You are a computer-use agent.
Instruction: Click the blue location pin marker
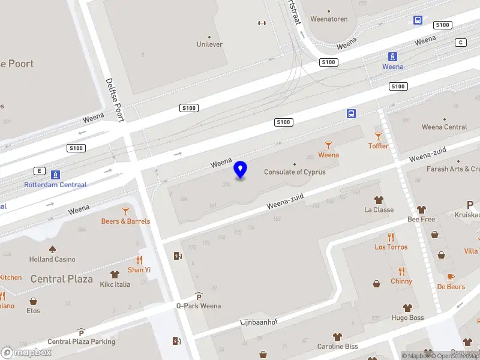(x=241, y=170)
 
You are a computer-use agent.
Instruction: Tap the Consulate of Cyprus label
(x=295, y=172)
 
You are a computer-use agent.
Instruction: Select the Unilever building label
(x=209, y=44)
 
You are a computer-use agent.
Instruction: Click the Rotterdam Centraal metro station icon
(x=55, y=175)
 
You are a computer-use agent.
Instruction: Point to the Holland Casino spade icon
(x=52, y=249)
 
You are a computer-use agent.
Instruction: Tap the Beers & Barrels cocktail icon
(x=125, y=211)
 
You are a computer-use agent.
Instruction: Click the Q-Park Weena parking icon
(x=199, y=296)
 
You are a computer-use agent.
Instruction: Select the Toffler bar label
(x=378, y=146)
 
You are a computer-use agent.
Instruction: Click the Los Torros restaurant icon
(x=391, y=236)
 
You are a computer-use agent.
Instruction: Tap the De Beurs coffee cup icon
(x=451, y=277)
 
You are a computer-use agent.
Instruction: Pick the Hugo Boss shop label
(x=407, y=318)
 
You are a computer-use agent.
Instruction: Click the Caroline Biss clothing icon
(x=338, y=337)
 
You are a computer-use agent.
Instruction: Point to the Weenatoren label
(x=329, y=19)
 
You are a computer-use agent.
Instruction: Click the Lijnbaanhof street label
(x=259, y=322)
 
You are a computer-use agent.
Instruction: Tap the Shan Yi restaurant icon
(x=139, y=260)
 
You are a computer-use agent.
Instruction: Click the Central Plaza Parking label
(x=81, y=341)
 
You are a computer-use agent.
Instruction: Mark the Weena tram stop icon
(x=392, y=57)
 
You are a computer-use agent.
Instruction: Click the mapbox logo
(x=26, y=352)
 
